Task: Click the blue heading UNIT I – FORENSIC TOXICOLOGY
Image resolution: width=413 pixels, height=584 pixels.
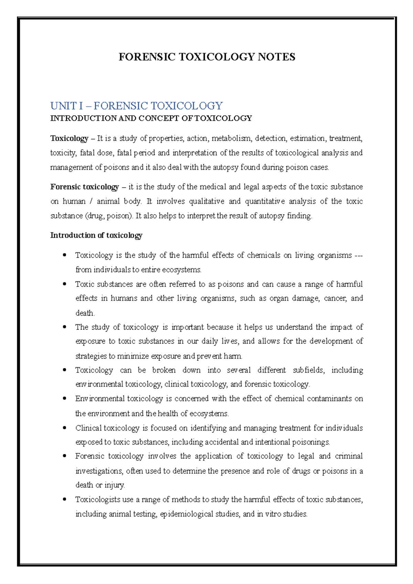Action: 137,106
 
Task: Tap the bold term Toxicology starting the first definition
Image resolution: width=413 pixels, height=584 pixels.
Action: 69,139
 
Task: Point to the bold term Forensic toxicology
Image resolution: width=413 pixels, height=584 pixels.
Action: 84,187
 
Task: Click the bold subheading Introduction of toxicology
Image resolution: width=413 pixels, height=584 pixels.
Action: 96,236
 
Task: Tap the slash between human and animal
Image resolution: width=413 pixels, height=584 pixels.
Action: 91,202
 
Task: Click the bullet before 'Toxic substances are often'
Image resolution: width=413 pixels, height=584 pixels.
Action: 64,284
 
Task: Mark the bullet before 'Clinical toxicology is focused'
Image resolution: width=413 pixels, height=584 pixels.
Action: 64,428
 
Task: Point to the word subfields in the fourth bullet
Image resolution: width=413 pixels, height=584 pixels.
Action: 308,370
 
